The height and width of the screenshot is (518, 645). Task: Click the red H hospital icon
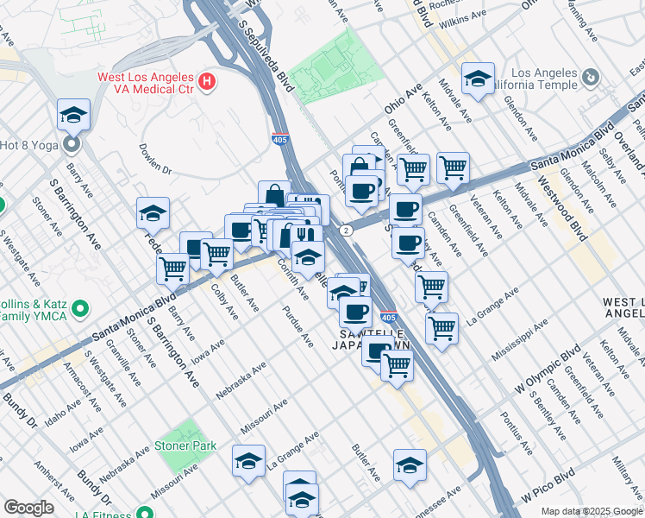tap(206, 83)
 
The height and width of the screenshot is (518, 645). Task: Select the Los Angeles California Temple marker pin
tap(590, 79)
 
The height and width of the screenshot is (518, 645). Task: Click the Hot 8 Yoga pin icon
tap(72, 143)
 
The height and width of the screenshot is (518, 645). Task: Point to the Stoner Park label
tap(184, 446)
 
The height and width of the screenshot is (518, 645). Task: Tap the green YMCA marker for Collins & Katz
tap(80, 307)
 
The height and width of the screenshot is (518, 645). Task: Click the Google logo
tap(28, 508)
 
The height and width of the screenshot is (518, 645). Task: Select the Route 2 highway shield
tap(346, 230)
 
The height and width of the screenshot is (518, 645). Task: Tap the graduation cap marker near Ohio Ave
tap(477, 79)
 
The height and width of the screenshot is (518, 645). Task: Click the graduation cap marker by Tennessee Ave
tap(410, 465)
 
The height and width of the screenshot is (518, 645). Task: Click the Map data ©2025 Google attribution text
tap(591, 511)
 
